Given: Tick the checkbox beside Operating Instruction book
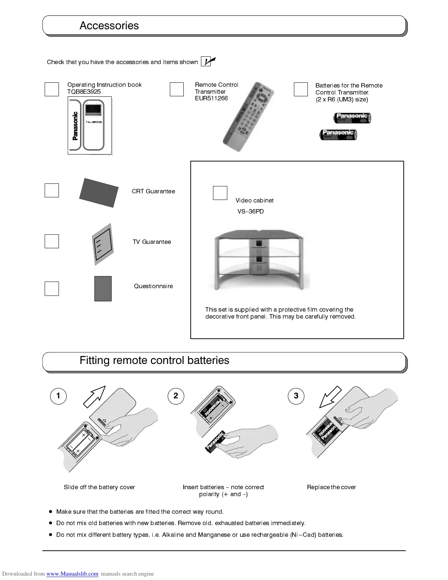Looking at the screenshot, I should pos(52,89).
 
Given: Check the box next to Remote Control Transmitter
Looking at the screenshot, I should pos(177,89).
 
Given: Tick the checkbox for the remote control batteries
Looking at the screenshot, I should pos(301,89).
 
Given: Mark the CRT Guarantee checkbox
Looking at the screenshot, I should pos(52,190).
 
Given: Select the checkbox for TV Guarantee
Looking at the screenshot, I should pos(52,241).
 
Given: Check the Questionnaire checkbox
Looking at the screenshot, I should pos(52,289).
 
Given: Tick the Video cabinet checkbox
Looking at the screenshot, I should pos(220,193).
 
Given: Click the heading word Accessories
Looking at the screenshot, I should pos(109,26).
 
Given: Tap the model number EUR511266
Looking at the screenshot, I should pos(211,98).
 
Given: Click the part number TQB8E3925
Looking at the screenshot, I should pos(84,92).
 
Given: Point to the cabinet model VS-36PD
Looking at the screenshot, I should pos(250,211).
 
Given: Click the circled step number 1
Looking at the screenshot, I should pos(58,396).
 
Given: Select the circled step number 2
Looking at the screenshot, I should pos(176,396).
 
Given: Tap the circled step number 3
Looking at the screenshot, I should pos(296,396).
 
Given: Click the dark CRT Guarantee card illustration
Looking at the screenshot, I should pos(99,193).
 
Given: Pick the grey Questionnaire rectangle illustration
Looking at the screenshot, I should pos(103,289).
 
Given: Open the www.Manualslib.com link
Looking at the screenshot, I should pos(72,574).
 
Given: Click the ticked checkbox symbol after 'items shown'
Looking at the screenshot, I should pos(208,62).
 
